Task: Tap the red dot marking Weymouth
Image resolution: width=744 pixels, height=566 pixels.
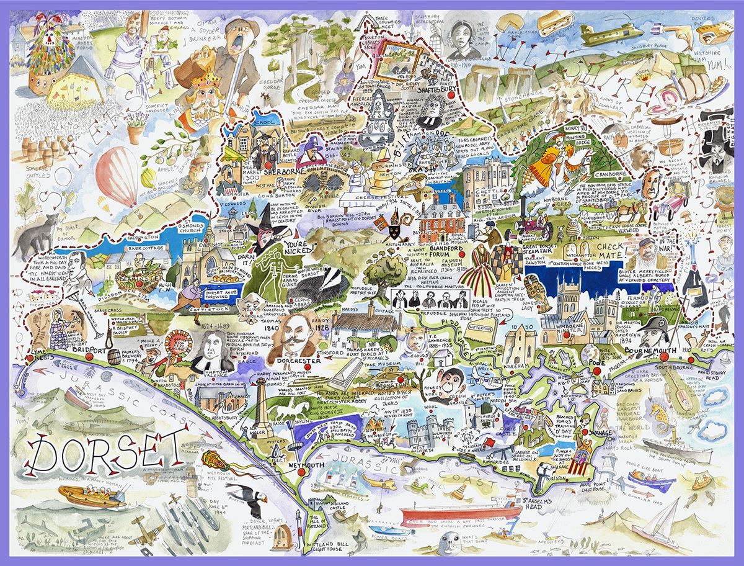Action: tap(302, 472)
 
